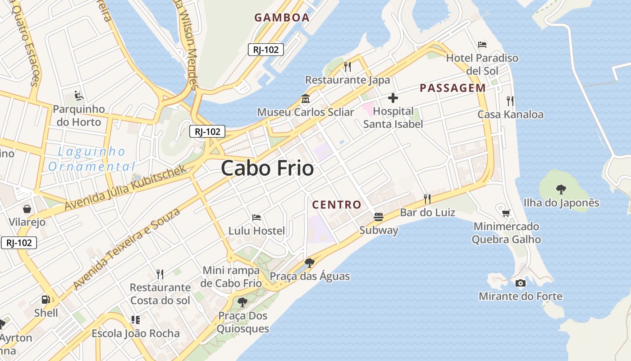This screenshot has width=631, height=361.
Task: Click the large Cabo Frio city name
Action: [267, 168]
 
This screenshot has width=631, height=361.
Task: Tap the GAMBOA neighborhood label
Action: [282, 18]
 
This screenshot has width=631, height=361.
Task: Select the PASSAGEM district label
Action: [453, 88]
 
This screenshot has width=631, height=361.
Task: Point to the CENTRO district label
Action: [337, 204]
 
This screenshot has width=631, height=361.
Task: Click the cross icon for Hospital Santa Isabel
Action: [393, 98]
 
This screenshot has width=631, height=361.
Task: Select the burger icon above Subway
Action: [379, 217]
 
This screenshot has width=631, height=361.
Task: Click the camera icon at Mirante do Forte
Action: [520, 283]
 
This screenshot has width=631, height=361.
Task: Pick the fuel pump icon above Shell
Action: [46, 299]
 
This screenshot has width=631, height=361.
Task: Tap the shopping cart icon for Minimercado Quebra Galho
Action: [506, 213]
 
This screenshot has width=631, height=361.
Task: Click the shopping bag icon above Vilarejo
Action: [27, 209]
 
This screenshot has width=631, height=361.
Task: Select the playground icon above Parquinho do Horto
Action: [78, 96]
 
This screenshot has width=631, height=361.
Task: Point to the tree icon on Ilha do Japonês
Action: [561, 189]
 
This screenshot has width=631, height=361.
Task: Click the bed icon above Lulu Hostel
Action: [256, 218]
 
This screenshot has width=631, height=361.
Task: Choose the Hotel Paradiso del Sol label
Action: [482, 64]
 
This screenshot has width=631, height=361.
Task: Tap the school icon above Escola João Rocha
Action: [135, 320]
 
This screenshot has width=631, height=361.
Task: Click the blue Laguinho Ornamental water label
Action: [91, 159]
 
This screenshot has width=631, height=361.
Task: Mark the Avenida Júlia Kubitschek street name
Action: [125, 187]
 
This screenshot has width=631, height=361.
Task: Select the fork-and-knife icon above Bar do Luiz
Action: [427, 199]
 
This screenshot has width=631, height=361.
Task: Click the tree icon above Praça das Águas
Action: [309, 263]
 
